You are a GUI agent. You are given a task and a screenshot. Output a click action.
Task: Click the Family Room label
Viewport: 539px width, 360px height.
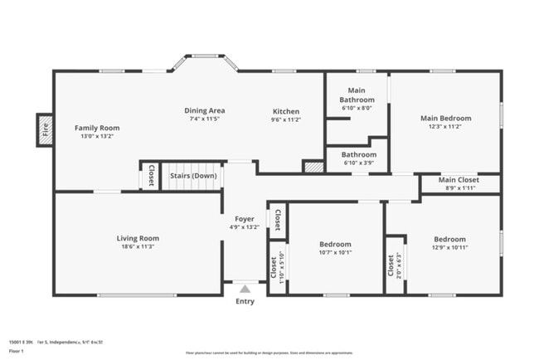(x=97, y=128)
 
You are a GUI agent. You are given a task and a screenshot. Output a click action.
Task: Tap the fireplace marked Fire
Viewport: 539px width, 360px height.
(x=45, y=129)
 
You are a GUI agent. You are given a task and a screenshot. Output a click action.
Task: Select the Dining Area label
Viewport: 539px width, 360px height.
(x=204, y=110)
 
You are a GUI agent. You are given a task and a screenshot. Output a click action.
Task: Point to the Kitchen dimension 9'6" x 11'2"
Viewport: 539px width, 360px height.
(x=286, y=119)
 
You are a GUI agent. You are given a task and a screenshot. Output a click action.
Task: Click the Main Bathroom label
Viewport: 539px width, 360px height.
(x=357, y=95)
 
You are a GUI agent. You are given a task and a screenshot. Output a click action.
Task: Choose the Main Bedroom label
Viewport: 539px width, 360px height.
(x=445, y=118)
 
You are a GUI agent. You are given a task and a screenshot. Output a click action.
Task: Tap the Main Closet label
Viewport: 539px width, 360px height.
(x=459, y=179)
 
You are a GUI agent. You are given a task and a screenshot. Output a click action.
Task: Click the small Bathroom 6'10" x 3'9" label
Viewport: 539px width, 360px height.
(x=359, y=154)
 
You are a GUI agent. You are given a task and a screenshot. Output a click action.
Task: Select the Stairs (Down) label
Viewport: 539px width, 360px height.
(x=193, y=176)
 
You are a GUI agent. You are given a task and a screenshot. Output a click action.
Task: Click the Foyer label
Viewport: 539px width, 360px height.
(x=245, y=219)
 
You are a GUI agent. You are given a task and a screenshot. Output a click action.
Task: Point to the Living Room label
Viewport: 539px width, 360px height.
(x=137, y=238)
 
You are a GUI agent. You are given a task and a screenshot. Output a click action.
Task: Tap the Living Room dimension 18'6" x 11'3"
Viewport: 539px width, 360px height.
(x=137, y=246)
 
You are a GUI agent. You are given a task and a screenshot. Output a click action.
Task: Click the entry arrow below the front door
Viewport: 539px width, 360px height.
(x=245, y=289)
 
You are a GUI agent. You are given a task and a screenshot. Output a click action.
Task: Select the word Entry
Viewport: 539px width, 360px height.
(x=245, y=301)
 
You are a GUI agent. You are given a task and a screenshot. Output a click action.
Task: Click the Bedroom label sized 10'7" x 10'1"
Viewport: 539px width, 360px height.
(x=335, y=244)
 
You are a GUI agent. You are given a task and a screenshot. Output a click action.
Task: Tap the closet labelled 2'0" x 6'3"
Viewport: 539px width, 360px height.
(x=394, y=265)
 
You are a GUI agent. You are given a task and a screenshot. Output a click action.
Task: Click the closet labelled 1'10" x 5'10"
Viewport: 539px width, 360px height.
(x=276, y=266)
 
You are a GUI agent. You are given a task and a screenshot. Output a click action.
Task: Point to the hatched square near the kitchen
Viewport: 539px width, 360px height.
(x=313, y=167)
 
